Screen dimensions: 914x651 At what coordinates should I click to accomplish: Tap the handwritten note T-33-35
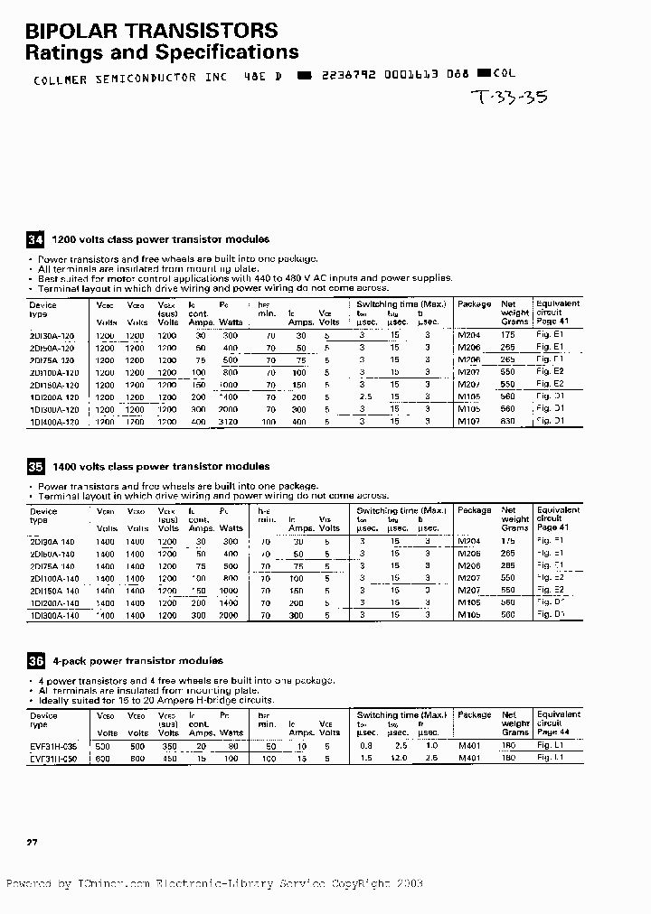coord(509,98)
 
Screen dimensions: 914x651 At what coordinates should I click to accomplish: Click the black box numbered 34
coord(35,240)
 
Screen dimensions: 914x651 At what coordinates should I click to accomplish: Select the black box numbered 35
coord(35,467)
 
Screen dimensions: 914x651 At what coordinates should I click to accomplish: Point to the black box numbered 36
coord(35,661)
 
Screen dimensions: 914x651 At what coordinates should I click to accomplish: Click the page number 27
coord(32,842)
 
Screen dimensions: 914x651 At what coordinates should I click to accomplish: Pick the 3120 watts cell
coord(229,422)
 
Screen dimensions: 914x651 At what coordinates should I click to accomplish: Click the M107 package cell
coord(468,422)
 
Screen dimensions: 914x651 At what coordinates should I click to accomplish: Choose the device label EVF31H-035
coord(54,746)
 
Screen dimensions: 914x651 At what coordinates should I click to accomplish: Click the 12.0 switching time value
coord(396,758)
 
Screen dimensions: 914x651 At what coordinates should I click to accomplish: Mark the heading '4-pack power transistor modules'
coord(137,661)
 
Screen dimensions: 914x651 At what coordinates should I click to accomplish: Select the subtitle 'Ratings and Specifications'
coord(161,52)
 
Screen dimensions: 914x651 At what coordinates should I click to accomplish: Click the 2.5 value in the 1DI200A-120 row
coord(363,396)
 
